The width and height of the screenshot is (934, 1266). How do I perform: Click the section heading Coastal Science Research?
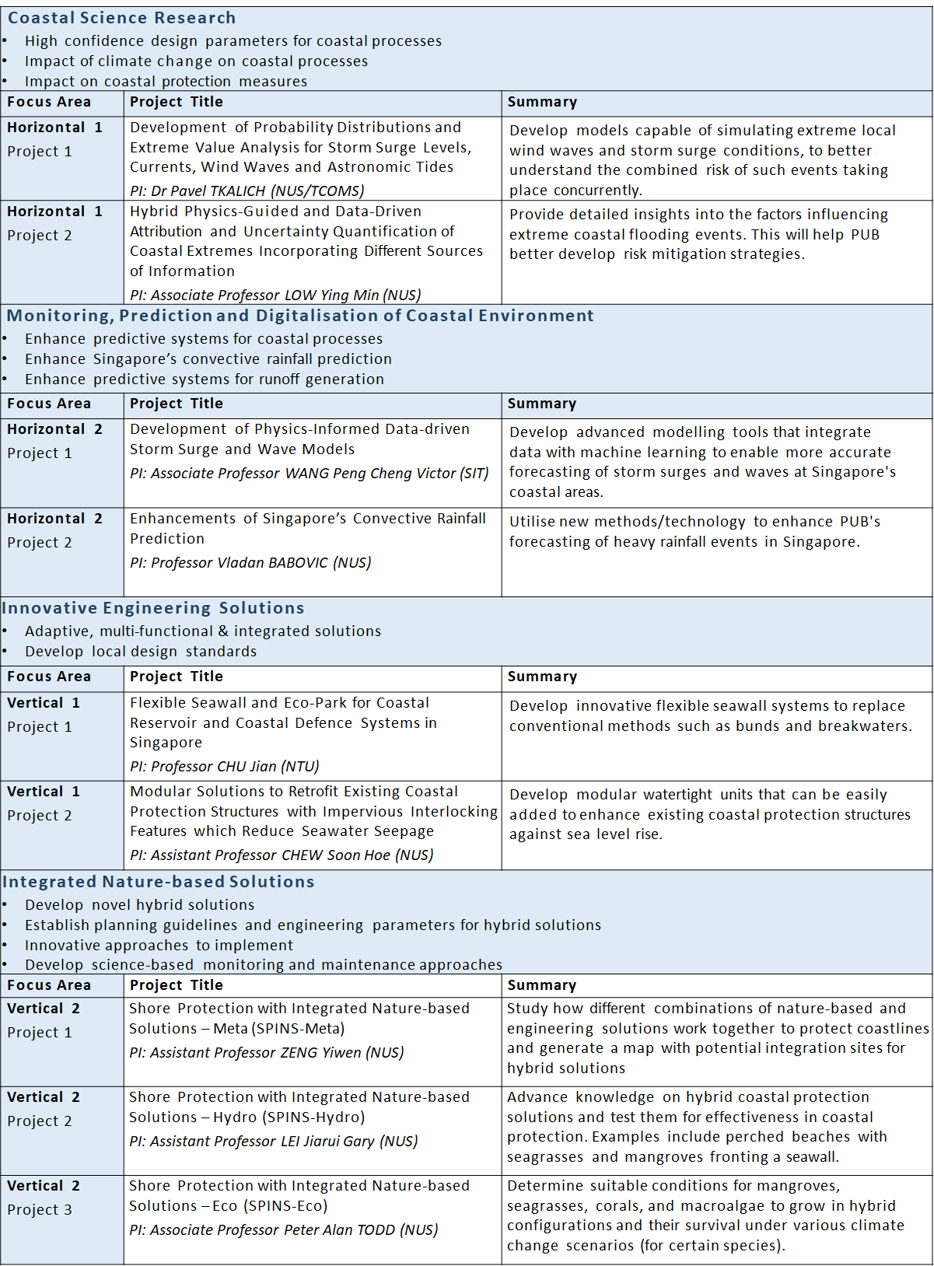point(121,18)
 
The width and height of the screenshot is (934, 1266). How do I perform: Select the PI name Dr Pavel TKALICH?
point(247,191)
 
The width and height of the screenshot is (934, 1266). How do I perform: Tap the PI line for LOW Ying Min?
point(275,295)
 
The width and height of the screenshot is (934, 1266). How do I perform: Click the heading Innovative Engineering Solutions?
point(153,608)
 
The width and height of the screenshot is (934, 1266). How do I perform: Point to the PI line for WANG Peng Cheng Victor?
point(309,473)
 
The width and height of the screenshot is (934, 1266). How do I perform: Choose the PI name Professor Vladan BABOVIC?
point(250,562)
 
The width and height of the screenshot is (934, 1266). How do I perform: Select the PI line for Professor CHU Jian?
point(224,766)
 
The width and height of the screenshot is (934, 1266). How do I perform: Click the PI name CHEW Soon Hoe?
point(282,855)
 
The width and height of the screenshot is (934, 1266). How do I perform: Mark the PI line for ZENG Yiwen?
point(266,1052)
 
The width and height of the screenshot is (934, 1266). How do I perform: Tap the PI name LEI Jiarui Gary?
point(273,1141)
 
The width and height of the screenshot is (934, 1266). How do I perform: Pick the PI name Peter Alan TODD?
point(283,1229)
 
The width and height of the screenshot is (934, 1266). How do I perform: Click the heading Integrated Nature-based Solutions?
point(159,882)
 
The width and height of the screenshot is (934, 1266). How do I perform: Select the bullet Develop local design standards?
point(140,651)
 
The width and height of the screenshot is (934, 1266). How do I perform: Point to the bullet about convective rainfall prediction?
point(208,358)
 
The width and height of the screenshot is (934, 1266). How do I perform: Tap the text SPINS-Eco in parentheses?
point(285,1205)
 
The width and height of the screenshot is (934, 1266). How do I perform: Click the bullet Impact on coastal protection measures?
point(166,81)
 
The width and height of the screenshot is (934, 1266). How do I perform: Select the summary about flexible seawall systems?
point(710,715)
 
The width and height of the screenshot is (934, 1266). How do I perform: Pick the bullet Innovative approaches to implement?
point(159,945)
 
